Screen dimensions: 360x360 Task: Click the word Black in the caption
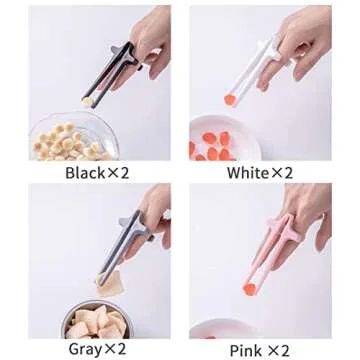click(x=85, y=173)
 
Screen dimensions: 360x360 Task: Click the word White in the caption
click(x=247, y=173)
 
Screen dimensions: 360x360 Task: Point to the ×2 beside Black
click(x=117, y=173)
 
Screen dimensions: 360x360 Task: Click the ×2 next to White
click(x=281, y=173)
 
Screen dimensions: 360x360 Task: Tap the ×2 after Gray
click(x=115, y=349)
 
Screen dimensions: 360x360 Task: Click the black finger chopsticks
click(x=112, y=73)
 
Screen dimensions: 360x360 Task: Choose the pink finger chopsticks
click(x=270, y=253)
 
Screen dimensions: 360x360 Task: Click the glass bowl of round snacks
click(x=74, y=136)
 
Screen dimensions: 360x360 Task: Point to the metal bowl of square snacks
click(x=98, y=319)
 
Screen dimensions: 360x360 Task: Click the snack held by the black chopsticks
click(x=87, y=101)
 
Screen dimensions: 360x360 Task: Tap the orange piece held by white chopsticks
click(x=230, y=100)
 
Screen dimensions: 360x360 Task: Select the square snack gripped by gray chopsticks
click(x=109, y=284)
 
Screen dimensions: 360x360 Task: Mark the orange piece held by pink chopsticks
click(x=250, y=289)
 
